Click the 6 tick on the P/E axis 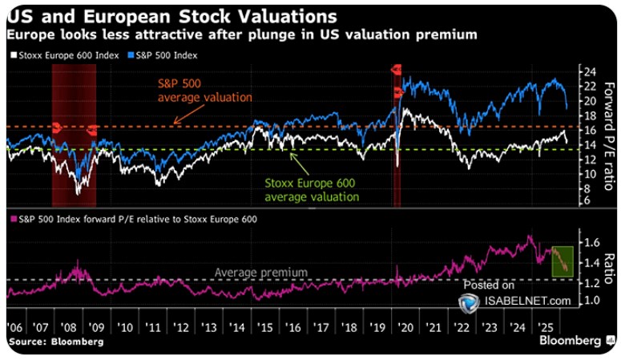(x=587, y=200)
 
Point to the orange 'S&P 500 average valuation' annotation (x=204, y=90)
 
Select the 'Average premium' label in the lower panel (x=260, y=273)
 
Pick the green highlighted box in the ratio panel (x=565, y=262)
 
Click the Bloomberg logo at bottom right (x=568, y=342)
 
